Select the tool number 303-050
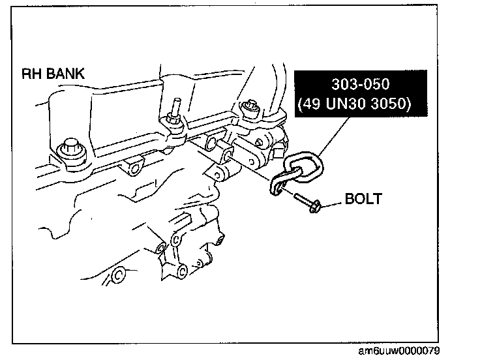[361, 85]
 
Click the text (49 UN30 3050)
[361, 104]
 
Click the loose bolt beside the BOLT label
[305, 202]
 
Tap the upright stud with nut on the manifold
[177, 117]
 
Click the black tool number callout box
[361, 95]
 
